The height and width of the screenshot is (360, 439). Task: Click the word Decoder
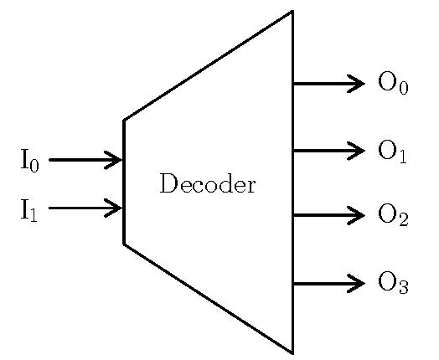pyautogui.click(x=208, y=183)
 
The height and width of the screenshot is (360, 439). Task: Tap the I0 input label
pyautogui.click(x=29, y=161)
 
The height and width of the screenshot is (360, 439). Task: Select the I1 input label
pyautogui.click(x=28, y=210)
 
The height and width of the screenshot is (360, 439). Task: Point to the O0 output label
pyautogui.click(x=393, y=83)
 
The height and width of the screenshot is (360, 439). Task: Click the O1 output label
pyautogui.click(x=392, y=152)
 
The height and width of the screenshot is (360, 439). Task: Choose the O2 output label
pyautogui.click(x=393, y=214)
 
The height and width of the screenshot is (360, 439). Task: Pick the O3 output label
pyautogui.click(x=393, y=283)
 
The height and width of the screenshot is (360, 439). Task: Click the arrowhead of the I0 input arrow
pyautogui.click(x=113, y=160)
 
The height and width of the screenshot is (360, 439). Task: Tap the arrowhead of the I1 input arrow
pyautogui.click(x=113, y=208)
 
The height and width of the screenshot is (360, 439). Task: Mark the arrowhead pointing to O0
pyautogui.click(x=356, y=84)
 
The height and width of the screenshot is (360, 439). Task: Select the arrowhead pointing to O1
pyautogui.click(x=356, y=151)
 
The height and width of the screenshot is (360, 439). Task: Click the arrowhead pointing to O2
pyautogui.click(x=356, y=215)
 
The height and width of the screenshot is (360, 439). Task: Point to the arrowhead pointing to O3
pyautogui.click(x=356, y=283)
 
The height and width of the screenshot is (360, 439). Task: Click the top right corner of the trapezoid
pyautogui.click(x=292, y=11)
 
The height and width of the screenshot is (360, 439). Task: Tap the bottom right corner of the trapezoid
pyautogui.click(x=292, y=353)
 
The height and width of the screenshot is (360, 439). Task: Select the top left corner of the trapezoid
pyautogui.click(x=124, y=121)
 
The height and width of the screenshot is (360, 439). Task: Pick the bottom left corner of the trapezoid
pyautogui.click(x=124, y=244)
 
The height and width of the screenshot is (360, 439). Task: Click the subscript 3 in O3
pyautogui.click(x=404, y=287)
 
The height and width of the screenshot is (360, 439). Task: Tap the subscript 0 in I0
pyautogui.click(x=34, y=166)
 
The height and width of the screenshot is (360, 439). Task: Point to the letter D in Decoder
pyautogui.click(x=168, y=183)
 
